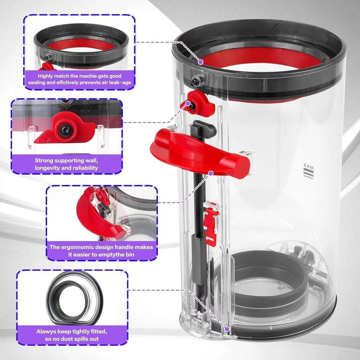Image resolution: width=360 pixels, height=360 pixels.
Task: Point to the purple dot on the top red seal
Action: coord(200,62)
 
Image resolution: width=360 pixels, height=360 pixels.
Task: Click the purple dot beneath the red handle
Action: coord(211,173)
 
